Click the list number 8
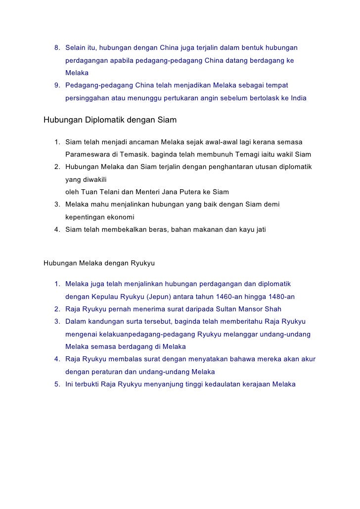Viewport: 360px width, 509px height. click(x=56, y=48)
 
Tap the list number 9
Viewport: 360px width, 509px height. click(x=56, y=85)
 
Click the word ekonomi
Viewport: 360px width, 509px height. click(x=118, y=217)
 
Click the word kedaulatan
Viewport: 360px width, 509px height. click(x=219, y=384)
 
